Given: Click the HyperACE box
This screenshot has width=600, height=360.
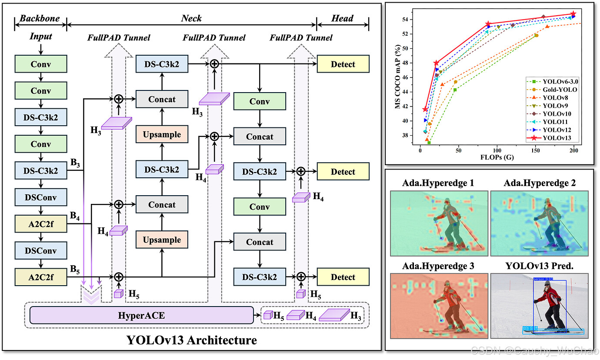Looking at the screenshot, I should click(x=141, y=315).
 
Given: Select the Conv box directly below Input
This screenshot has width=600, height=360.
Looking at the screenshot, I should click(x=40, y=64).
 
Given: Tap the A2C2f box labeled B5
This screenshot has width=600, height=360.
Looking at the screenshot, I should click(x=40, y=277).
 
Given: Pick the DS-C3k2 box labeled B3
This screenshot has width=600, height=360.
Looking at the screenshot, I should click(x=40, y=170).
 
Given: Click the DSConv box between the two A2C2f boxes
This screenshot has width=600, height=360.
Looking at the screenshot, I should click(x=40, y=250).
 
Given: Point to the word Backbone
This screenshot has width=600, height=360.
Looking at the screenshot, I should click(x=40, y=18).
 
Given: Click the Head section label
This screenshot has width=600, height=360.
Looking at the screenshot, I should click(x=343, y=18).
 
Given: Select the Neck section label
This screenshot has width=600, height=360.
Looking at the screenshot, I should click(x=191, y=18).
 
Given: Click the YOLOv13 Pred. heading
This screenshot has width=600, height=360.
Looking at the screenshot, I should click(x=539, y=266).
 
